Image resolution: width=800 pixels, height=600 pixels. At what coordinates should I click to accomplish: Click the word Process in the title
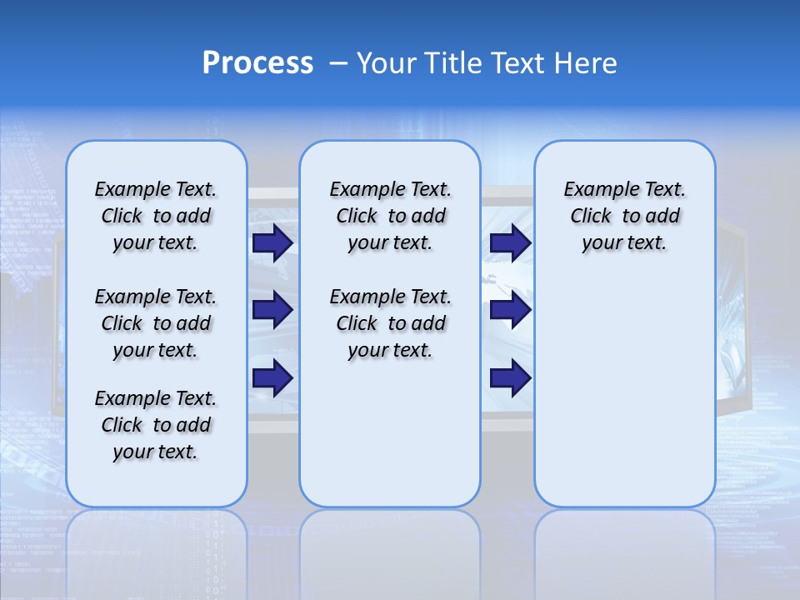(x=257, y=63)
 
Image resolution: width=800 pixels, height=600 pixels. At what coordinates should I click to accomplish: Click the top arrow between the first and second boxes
(x=272, y=243)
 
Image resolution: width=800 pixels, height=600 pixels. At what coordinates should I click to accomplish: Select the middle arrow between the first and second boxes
(x=272, y=310)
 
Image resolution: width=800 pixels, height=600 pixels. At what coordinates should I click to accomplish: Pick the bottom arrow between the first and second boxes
(x=272, y=378)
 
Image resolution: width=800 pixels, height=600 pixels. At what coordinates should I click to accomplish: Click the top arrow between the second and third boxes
(x=510, y=243)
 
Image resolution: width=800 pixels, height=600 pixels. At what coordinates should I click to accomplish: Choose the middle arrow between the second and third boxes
(x=510, y=310)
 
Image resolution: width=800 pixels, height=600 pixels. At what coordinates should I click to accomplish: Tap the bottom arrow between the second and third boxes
(x=510, y=378)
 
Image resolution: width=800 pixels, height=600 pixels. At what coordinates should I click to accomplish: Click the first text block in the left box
(x=156, y=216)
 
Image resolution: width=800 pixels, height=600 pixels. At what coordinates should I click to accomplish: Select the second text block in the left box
(x=156, y=323)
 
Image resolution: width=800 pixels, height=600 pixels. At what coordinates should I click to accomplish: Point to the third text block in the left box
(x=156, y=425)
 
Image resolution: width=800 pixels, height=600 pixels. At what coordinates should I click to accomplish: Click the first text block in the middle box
(x=390, y=216)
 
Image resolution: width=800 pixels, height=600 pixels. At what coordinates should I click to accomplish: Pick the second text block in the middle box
(x=390, y=323)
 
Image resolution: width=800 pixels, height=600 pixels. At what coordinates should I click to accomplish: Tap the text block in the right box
(x=624, y=216)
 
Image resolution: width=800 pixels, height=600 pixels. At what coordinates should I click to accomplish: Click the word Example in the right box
(x=595, y=190)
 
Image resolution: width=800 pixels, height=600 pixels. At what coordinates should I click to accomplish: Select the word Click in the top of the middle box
(x=357, y=217)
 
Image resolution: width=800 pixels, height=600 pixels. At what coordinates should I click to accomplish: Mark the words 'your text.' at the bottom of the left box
(x=155, y=452)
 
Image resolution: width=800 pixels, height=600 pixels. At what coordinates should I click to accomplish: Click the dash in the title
(x=338, y=63)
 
